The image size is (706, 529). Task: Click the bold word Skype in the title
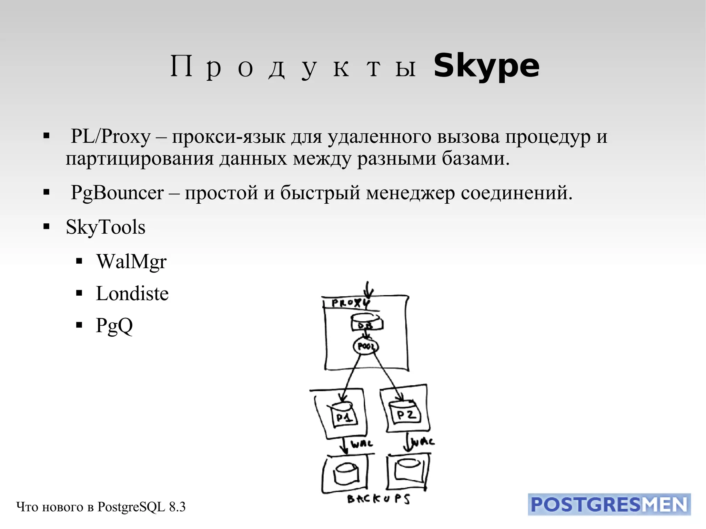click(x=486, y=66)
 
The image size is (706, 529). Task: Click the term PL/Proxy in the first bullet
click(x=111, y=136)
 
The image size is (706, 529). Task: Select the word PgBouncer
click(x=117, y=193)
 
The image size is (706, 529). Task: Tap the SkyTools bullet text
click(x=105, y=227)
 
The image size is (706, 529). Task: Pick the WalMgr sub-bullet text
click(x=131, y=262)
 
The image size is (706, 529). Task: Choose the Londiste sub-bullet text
click(x=132, y=294)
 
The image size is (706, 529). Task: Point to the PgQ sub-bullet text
click(x=114, y=325)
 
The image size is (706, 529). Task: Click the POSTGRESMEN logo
click(x=609, y=505)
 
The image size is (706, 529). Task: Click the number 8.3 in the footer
click(x=177, y=507)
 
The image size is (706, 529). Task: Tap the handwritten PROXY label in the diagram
click(x=350, y=303)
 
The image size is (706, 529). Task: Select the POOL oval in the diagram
click(x=365, y=346)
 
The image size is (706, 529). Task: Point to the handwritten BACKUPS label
click(x=378, y=499)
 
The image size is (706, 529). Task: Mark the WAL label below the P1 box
click(x=362, y=444)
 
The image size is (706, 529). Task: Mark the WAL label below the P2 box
click(x=423, y=441)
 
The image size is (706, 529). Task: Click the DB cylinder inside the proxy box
click(x=366, y=323)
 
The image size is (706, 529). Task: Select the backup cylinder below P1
click(x=346, y=473)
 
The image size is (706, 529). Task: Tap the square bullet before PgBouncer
click(x=47, y=192)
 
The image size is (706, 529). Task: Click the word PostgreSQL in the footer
click(x=131, y=507)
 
